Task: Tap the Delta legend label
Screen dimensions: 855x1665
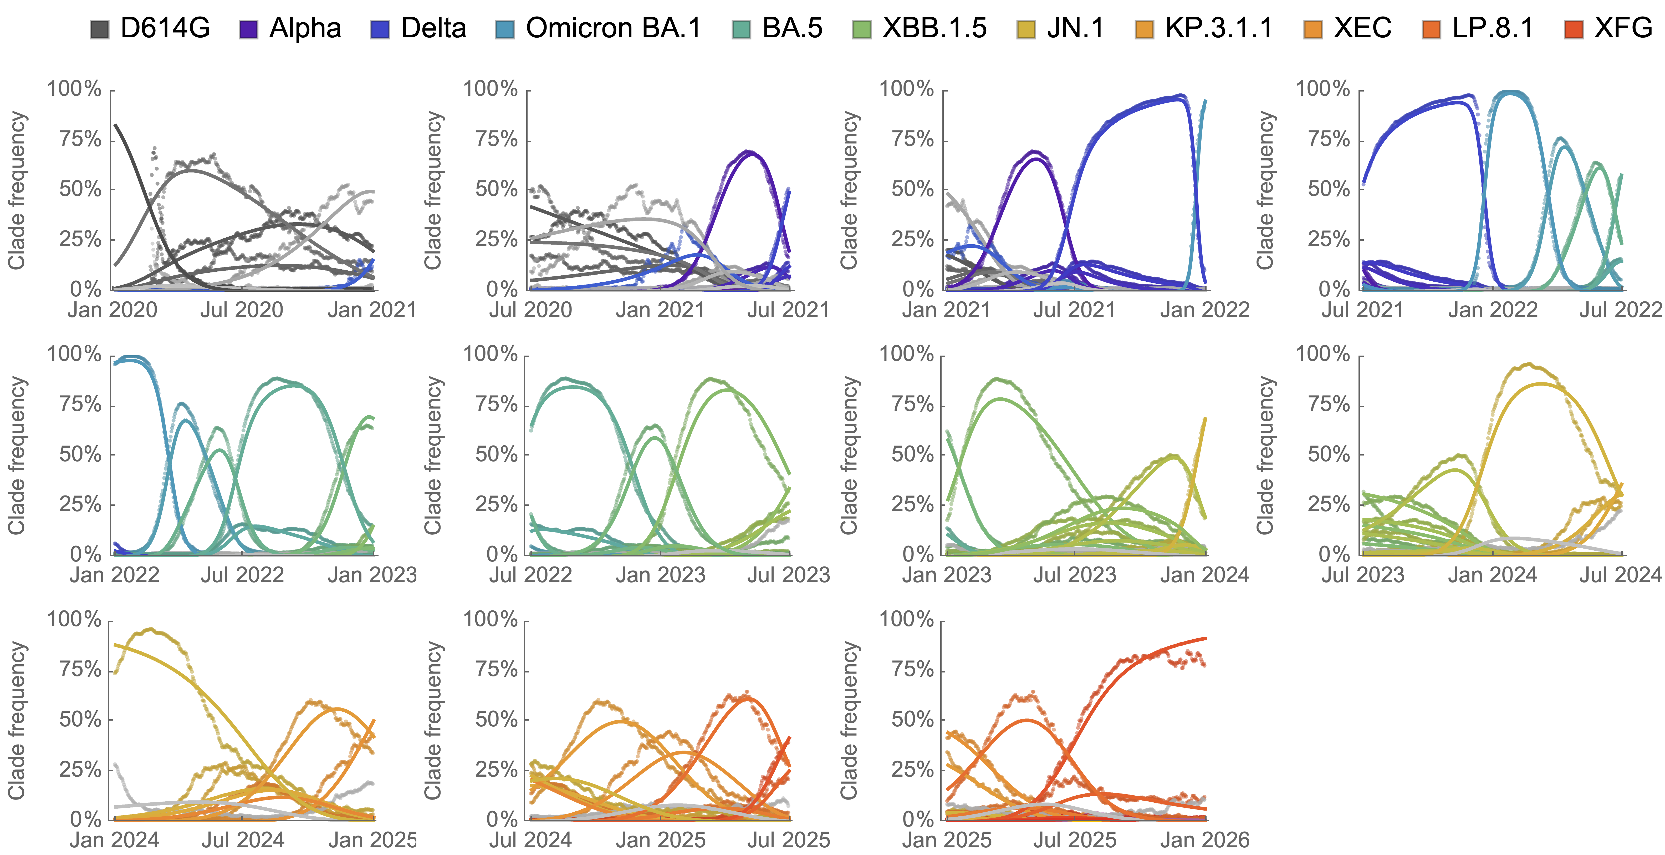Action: (x=433, y=28)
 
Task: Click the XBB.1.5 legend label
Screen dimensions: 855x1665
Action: (x=934, y=28)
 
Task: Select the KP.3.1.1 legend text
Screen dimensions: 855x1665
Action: (x=1218, y=28)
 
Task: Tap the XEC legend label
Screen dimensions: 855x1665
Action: (x=1362, y=28)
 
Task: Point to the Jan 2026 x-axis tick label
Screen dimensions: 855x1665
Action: (x=1204, y=840)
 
